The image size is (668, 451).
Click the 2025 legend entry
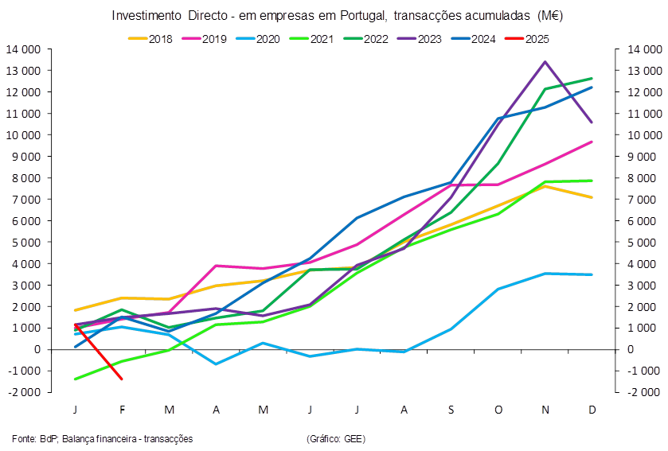(527, 39)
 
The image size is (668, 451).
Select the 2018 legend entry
(150, 39)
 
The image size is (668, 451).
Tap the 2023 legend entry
(420, 39)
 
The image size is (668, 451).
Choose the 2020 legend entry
(258, 39)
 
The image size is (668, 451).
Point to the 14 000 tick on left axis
(23, 49)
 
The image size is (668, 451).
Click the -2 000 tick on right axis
(643, 392)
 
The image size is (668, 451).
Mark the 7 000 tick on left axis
(26, 200)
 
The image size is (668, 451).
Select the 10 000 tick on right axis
(645, 135)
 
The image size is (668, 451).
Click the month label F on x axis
(123, 410)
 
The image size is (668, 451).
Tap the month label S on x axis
(451, 410)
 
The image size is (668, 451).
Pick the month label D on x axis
(592, 410)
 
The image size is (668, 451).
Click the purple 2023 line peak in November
(545, 62)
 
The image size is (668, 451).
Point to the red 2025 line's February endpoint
(122, 379)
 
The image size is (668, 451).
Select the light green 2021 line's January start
(76, 379)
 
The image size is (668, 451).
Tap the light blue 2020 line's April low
(216, 364)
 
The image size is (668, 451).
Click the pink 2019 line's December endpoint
(592, 142)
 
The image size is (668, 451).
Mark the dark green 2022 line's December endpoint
(592, 78)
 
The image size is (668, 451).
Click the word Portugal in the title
(363, 16)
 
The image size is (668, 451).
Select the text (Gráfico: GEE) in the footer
(336, 438)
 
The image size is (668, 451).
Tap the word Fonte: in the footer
(24, 438)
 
